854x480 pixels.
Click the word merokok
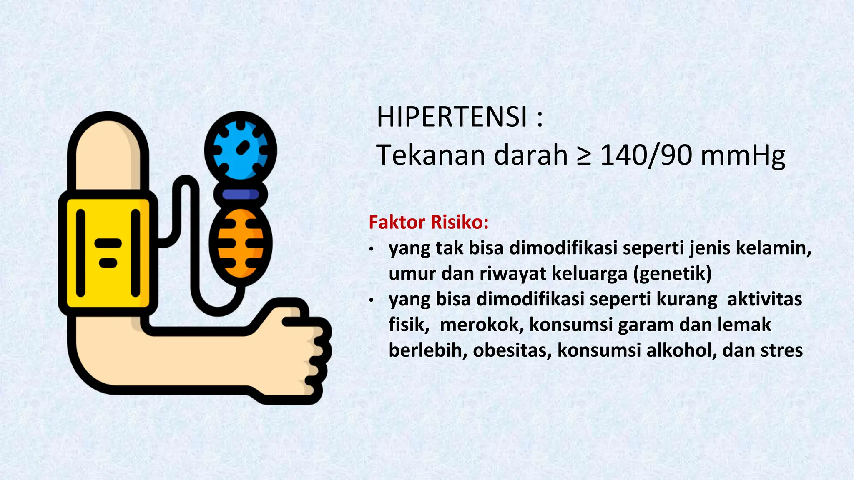point(482,325)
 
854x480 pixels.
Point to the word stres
point(781,350)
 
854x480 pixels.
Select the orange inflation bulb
point(240,245)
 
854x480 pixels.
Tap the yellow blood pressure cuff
point(108,252)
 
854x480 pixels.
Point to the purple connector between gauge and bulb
point(240,194)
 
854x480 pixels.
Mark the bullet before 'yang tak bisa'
point(371,249)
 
